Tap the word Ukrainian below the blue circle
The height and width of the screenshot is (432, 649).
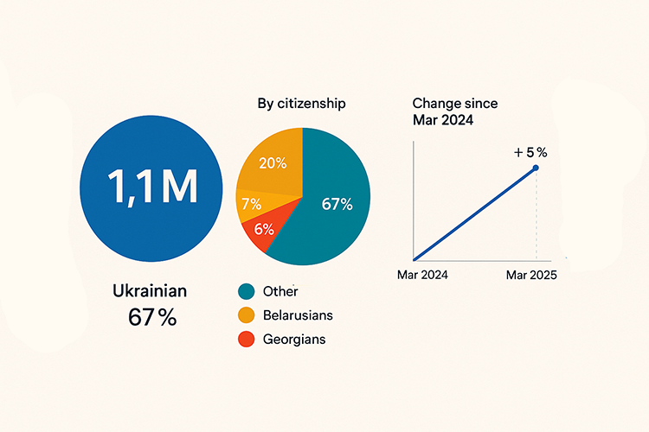tap(150, 291)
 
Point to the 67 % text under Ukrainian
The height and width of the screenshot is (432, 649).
tap(152, 317)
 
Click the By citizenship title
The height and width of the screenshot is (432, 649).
tap(302, 104)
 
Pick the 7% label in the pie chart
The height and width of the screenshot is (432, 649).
tap(252, 205)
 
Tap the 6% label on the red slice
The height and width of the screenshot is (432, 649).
tap(264, 229)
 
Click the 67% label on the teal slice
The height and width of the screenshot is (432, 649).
tap(336, 205)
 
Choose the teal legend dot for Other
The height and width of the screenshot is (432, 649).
tap(247, 291)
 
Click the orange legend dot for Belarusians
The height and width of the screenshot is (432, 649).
tap(247, 315)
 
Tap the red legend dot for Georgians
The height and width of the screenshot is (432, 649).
tap(247, 340)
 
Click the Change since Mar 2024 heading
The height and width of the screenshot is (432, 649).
tap(455, 111)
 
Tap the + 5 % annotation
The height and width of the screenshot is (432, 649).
tap(530, 152)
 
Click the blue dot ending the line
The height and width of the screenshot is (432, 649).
tap(536, 168)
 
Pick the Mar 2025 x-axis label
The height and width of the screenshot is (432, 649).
tap(531, 275)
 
